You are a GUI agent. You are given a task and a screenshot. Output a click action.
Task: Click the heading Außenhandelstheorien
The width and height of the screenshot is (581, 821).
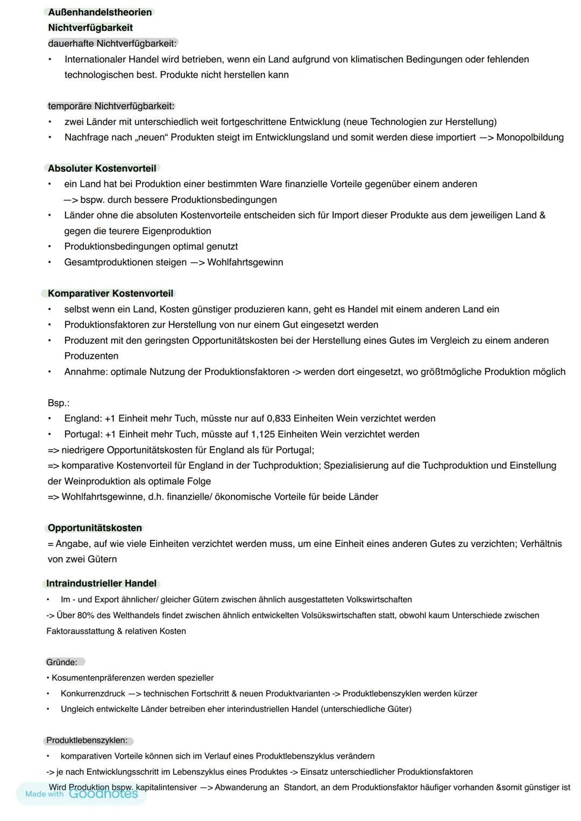tap(100, 12)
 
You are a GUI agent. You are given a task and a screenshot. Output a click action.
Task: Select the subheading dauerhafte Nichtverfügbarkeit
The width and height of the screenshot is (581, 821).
tap(112, 43)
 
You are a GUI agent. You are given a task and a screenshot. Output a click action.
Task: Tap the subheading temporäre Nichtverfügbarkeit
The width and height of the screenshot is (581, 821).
tap(111, 106)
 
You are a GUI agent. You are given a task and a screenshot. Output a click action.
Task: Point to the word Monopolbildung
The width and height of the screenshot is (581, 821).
tap(529, 138)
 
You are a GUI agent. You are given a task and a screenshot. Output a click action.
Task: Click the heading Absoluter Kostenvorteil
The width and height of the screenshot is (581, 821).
tap(102, 168)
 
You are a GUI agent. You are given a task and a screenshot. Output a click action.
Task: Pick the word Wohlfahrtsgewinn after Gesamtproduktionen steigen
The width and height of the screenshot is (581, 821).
tap(245, 262)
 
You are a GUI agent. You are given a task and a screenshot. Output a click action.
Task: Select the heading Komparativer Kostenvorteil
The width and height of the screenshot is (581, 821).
tap(110, 294)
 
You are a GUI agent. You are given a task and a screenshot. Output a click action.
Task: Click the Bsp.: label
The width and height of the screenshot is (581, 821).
tap(58, 403)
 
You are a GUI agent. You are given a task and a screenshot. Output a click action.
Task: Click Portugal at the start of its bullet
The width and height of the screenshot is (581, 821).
tap(83, 434)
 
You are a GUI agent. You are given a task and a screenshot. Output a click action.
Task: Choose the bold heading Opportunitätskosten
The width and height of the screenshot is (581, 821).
tap(95, 528)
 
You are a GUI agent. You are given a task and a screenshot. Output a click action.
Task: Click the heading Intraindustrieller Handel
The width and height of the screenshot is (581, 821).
tap(101, 583)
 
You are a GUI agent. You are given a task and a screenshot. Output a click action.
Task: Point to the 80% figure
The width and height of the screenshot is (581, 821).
tap(87, 615)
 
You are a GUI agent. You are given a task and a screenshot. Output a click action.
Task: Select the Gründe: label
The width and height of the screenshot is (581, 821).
tap(61, 662)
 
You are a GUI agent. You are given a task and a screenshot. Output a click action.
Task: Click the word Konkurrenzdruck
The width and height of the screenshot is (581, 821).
tap(93, 694)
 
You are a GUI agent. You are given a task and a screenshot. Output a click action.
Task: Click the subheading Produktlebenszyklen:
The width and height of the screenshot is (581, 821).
tap(87, 740)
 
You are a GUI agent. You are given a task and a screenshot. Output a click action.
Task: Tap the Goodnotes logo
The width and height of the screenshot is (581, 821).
tap(103, 794)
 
